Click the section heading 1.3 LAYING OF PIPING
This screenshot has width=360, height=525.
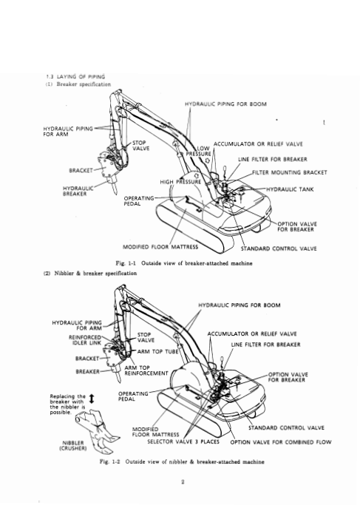[75, 77]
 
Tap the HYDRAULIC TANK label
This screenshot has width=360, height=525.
[290, 189]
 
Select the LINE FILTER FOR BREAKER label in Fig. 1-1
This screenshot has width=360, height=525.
[273, 160]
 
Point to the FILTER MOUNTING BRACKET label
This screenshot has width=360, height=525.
[290, 172]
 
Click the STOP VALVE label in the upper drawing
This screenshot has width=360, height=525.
[141, 146]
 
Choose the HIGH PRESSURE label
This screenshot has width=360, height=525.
[180, 182]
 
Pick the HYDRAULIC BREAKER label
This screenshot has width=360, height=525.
[75, 192]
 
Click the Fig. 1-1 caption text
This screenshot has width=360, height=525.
[184, 263]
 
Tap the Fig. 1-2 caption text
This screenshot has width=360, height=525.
[182, 461]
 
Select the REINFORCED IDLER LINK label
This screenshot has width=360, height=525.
[85, 340]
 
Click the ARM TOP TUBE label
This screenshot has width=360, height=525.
[158, 351]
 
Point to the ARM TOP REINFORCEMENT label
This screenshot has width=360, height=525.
[146, 370]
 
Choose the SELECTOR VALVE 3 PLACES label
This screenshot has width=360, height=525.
[183, 441]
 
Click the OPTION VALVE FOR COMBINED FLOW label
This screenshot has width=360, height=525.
[281, 442]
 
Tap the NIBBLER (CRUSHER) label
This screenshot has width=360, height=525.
[73, 445]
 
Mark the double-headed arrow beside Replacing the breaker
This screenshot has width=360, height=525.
[92, 399]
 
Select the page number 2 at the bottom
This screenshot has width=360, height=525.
[183, 482]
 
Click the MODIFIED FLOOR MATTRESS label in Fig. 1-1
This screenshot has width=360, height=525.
[160, 247]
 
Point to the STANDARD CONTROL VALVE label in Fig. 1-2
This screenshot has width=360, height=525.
[286, 427]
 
